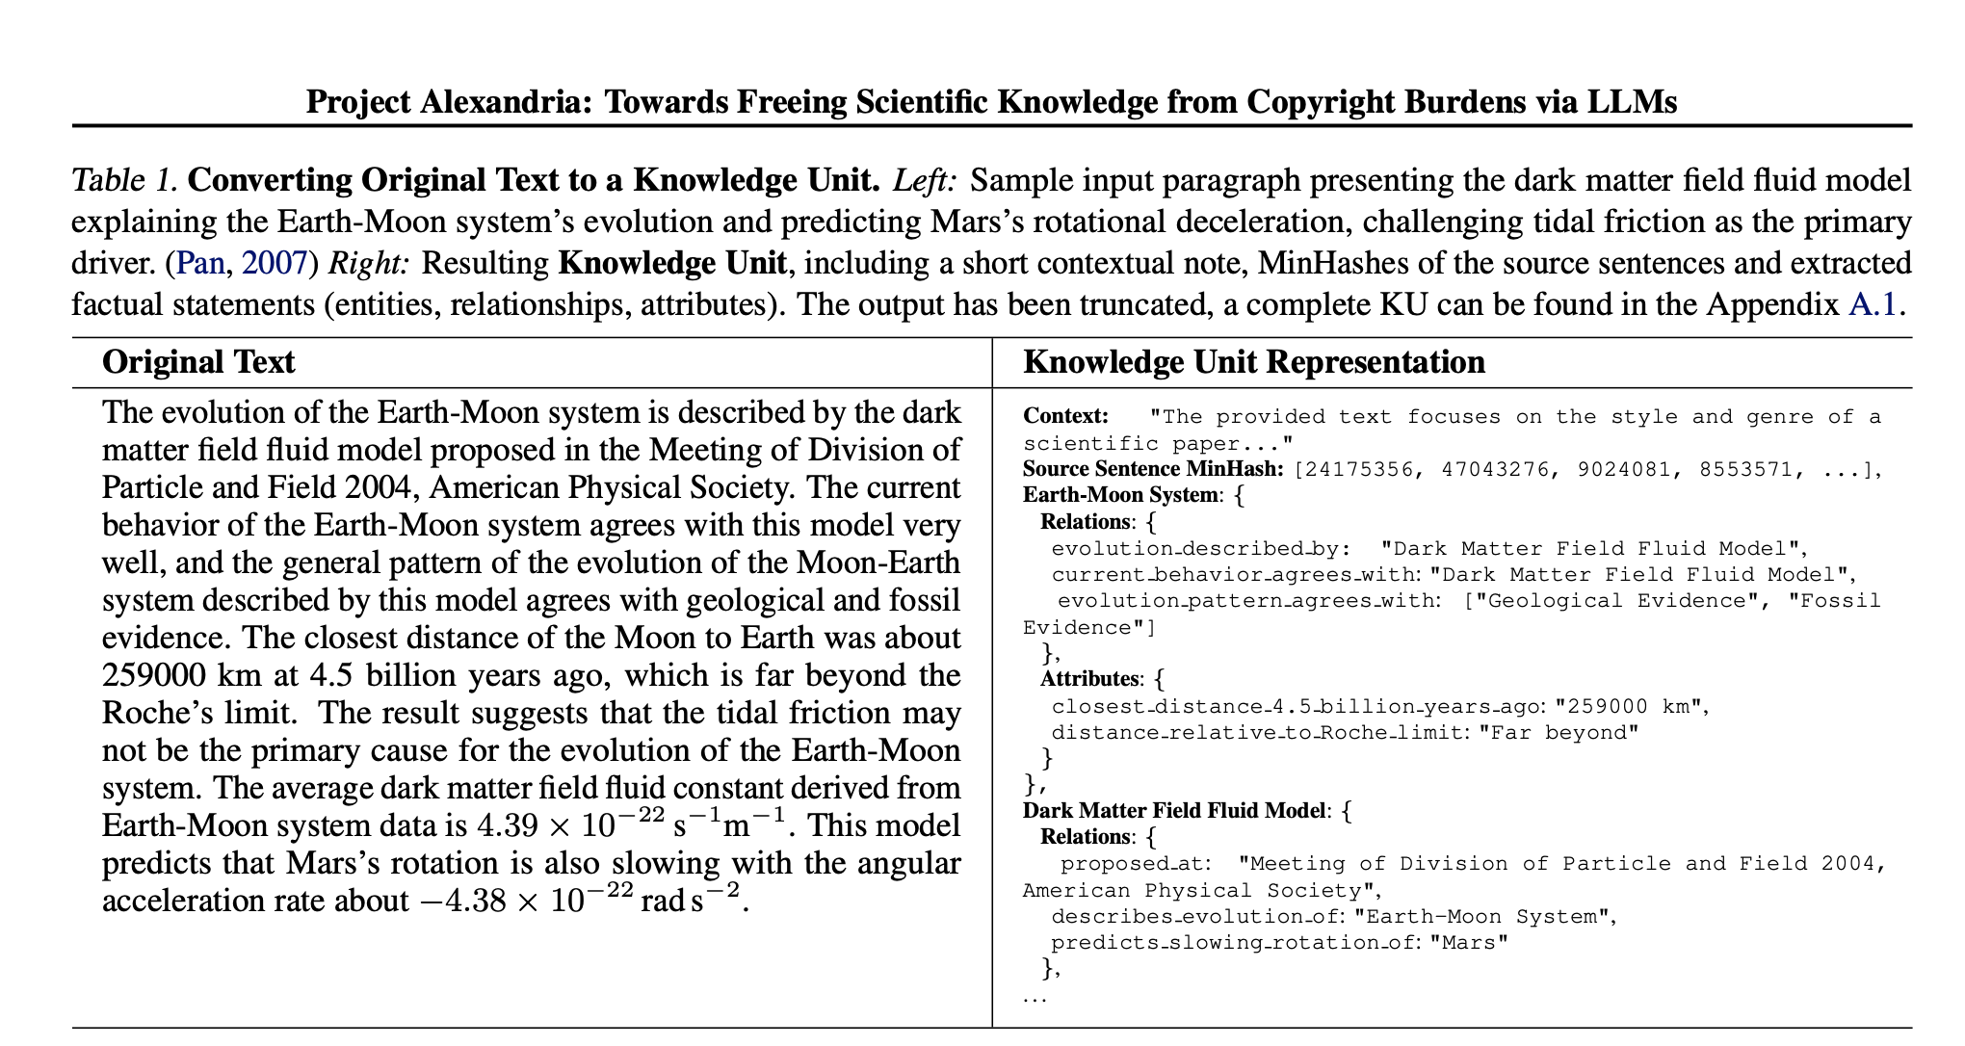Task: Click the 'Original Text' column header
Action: pos(198,362)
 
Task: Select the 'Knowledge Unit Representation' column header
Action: pos(1253,362)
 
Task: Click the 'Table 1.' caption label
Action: pos(124,180)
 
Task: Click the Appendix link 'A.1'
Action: pos(1872,304)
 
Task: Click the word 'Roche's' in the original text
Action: pos(155,713)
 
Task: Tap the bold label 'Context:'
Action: pos(1065,416)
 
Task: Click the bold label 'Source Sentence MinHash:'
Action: pos(1153,469)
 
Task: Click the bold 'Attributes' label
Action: pos(1089,679)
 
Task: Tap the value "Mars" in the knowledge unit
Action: pos(1469,942)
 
